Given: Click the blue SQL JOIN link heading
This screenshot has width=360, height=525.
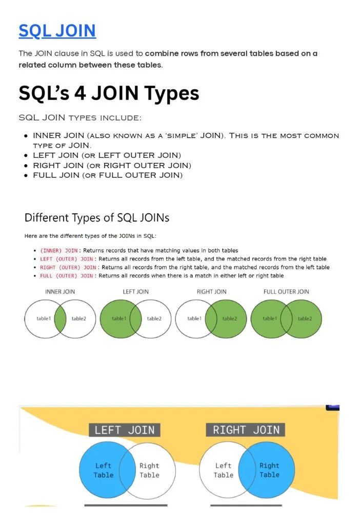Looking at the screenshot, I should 57,31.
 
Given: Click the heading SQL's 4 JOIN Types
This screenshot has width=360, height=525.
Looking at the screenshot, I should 109,93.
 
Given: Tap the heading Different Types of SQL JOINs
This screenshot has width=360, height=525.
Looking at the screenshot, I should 97,217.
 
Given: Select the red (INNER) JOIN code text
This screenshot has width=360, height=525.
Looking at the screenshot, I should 59,250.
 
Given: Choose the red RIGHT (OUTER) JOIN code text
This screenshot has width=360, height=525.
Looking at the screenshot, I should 68,267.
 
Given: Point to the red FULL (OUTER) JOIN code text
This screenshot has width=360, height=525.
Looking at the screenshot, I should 67,276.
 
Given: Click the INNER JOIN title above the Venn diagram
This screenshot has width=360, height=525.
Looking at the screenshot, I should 60,292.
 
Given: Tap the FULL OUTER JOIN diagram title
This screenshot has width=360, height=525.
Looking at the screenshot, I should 286,292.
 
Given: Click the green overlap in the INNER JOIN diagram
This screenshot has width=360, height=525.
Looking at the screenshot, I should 60,318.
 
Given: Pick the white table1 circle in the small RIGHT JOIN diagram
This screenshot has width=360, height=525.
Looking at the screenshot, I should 192,318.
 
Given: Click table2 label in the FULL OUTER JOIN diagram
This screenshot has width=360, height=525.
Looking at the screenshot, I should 305,318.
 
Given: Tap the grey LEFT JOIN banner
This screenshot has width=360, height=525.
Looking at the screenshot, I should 125,430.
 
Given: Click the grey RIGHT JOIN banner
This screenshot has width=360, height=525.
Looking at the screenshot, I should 246,430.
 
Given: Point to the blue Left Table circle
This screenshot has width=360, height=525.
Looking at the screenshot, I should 101,470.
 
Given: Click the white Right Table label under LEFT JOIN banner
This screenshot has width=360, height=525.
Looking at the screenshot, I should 149,470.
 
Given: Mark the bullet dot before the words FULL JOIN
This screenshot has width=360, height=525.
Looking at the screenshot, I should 26,175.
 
